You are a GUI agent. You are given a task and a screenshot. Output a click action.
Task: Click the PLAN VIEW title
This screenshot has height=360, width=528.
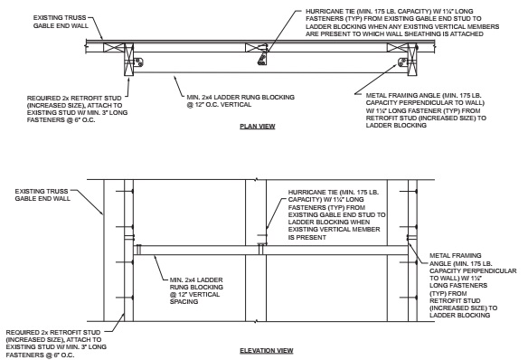pyautogui.click(x=257, y=127)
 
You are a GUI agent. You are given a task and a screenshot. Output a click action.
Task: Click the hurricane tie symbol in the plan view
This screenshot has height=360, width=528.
pyautogui.click(x=263, y=60)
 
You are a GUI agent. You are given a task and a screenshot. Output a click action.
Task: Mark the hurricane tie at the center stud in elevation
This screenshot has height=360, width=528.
pyautogui.click(x=261, y=245)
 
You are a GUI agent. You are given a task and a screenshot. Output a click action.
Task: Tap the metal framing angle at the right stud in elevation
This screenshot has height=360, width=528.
pyautogui.click(x=406, y=245)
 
